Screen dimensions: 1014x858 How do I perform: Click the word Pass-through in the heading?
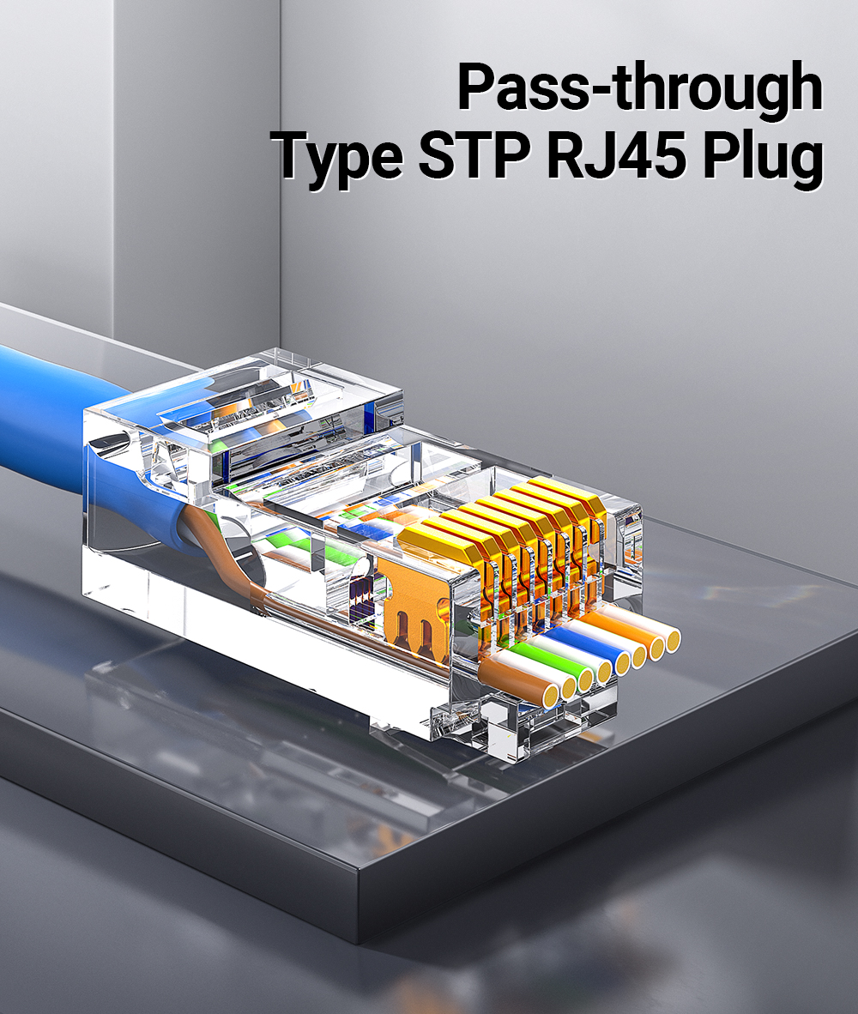(x=639, y=88)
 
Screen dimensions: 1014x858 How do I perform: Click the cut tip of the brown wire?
(x=547, y=697)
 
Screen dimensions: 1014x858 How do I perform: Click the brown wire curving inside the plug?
(x=249, y=575)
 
